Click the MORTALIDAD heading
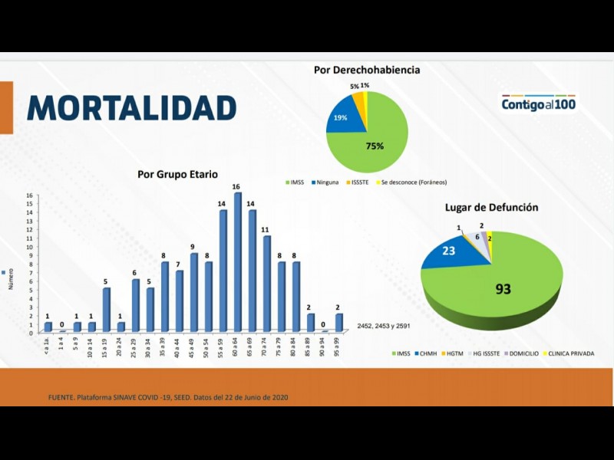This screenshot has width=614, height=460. point(131,108)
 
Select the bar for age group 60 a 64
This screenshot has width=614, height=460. point(238,262)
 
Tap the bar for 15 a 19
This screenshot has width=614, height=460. point(107,310)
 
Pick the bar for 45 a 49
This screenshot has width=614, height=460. point(194,293)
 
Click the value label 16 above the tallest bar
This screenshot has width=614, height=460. point(237,187)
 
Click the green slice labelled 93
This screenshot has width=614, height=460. point(503,284)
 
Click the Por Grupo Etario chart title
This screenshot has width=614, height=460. point(177,174)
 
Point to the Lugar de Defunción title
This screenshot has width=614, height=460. point(491,207)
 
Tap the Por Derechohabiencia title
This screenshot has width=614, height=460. point(367,70)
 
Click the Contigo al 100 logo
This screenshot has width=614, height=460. point(539,103)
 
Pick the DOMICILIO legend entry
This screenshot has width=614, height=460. point(519,353)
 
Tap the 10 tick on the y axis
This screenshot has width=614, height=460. point(30,247)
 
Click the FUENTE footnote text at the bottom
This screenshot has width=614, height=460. point(167,396)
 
